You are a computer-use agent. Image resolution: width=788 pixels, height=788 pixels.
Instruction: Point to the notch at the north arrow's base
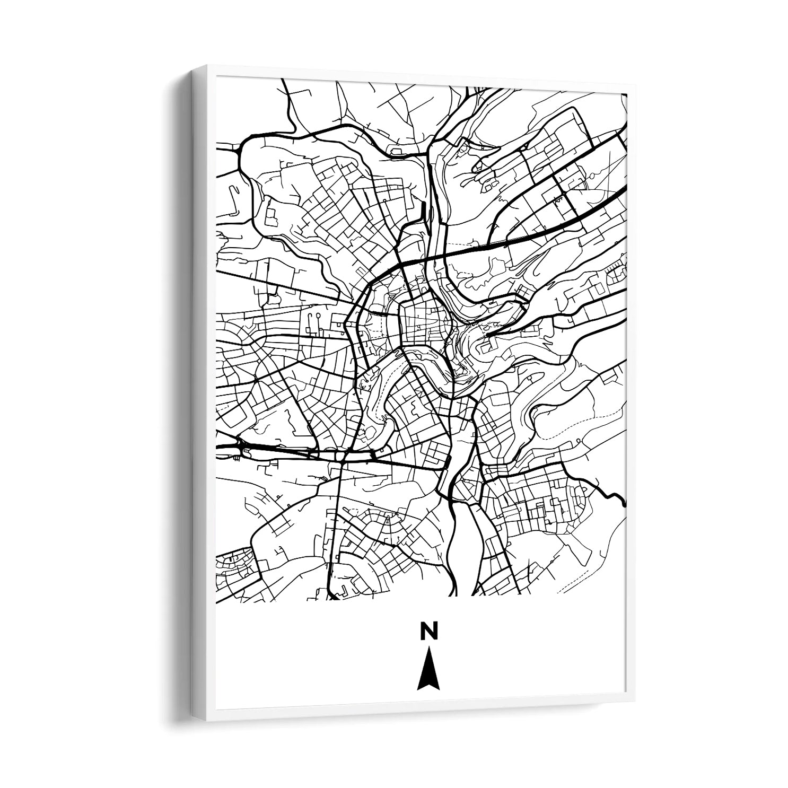(x=428, y=685)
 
